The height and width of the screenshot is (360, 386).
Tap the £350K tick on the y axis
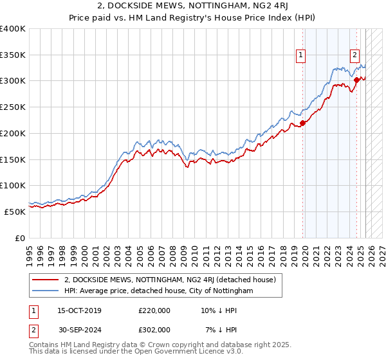13,55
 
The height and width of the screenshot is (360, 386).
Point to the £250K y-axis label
13,107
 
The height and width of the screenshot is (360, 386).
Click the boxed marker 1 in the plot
300,55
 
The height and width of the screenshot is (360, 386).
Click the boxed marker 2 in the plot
354,55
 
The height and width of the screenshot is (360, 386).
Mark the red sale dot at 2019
303,123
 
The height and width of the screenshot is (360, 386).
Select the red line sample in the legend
46,280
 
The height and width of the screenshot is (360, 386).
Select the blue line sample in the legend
46,291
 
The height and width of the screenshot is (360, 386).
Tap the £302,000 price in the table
154,329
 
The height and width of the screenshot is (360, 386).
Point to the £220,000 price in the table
154,310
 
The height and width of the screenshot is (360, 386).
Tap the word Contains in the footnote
44,345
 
